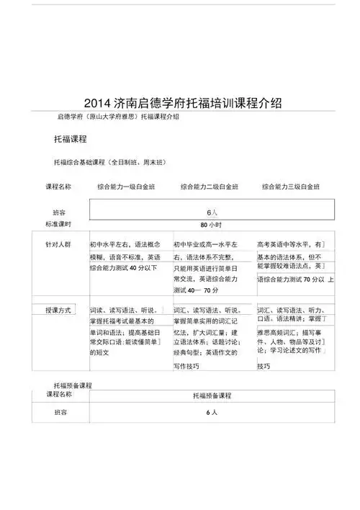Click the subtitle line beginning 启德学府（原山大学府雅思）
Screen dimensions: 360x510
point(118,117)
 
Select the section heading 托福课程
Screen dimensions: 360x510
point(70,138)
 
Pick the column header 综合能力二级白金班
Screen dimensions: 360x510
point(209,187)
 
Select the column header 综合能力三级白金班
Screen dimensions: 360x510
point(290,187)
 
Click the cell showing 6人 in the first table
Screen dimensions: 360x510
point(212,212)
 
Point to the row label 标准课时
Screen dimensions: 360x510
point(58,225)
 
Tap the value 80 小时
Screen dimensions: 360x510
point(211,225)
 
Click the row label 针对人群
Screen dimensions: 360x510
point(58,245)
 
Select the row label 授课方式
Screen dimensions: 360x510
point(58,310)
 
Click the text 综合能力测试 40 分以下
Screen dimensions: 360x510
point(123,268)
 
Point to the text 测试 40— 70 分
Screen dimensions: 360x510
point(196,290)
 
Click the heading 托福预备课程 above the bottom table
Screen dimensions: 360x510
point(73,386)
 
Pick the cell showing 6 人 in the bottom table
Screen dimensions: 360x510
point(211,413)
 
